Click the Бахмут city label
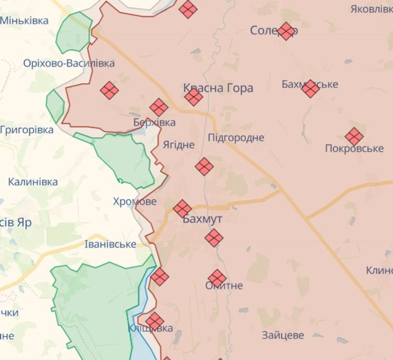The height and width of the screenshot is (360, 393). (x=202, y=220)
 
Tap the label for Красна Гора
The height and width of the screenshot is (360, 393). (x=218, y=88)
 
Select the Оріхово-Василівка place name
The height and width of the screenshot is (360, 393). (x=69, y=64)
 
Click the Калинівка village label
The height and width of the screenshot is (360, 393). (x=33, y=182)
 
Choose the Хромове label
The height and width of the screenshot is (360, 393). (x=135, y=202)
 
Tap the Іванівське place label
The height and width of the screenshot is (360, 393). (x=110, y=244)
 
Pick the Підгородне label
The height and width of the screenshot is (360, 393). (x=236, y=138)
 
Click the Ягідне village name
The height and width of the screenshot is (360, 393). (x=178, y=145)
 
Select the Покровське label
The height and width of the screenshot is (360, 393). (x=354, y=149)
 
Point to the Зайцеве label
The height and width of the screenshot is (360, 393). (x=283, y=335)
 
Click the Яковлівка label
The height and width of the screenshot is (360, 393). (x=372, y=9)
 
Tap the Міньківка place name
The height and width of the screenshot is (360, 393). (x=24, y=21)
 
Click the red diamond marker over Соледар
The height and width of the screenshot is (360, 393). (x=286, y=31)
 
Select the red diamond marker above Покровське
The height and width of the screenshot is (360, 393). (x=354, y=136)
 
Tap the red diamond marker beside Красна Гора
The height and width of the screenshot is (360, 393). (x=193, y=97)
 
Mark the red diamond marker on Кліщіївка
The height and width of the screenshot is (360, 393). (x=155, y=321)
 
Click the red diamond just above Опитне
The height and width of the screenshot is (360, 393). (x=217, y=277)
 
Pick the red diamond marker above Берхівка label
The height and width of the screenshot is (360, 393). (x=159, y=107)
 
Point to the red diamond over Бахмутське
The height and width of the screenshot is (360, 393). (x=310, y=88)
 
